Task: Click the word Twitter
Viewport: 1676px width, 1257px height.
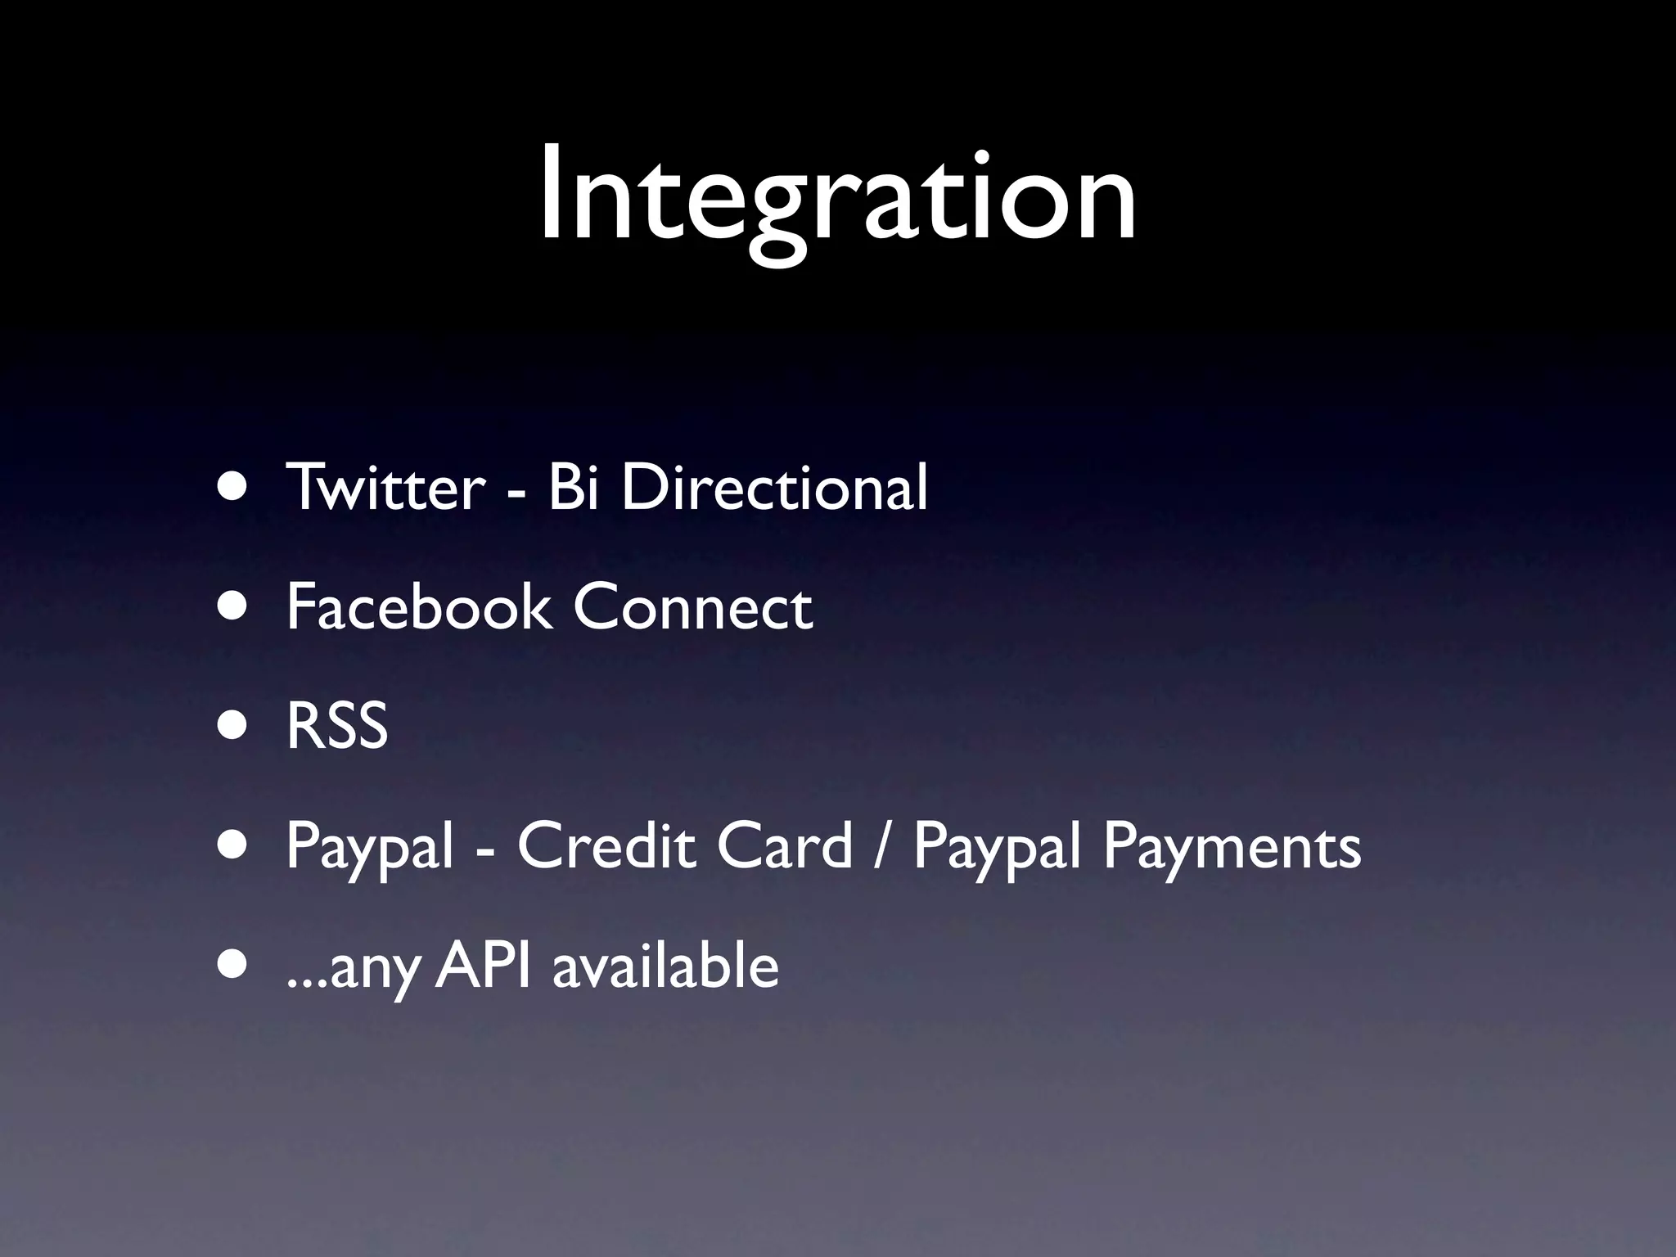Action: (x=385, y=487)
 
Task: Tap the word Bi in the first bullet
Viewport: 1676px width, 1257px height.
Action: (x=572, y=487)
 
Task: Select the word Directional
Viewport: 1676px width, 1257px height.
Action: (x=774, y=487)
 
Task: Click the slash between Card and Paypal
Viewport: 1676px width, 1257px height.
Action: (x=881, y=847)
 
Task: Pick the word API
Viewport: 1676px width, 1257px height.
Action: (x=483, y=966)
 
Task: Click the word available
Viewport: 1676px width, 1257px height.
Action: (x=665, y=966)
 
